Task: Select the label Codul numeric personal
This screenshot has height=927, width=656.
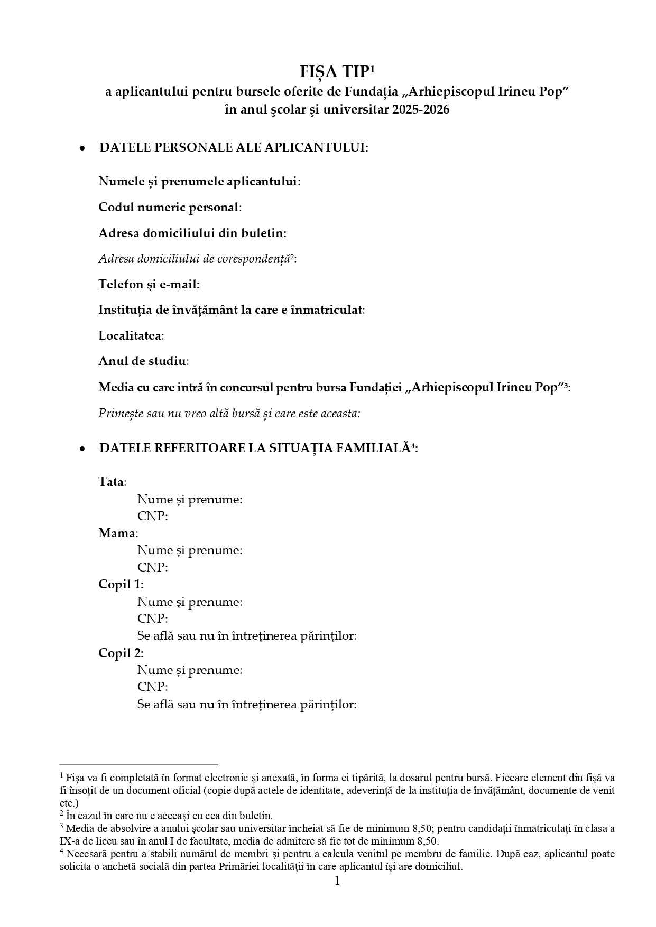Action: tap(169, 208)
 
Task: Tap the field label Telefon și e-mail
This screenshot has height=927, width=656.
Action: tap(149, 285)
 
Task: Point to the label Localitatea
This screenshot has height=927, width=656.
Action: tap(130, 336)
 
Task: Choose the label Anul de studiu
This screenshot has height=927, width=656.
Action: tap(142, 361)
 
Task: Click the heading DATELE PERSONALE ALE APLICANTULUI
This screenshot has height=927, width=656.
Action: tap(234, 147)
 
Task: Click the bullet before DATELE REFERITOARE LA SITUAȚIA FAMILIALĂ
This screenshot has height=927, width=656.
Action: tap(82, 449)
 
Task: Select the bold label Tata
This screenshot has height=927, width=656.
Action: tap(111, 482)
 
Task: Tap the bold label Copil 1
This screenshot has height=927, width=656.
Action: tap(121, 585)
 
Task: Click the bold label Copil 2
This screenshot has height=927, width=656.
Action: tap(121, 653)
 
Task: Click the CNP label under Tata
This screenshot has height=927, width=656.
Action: tap(152, 517)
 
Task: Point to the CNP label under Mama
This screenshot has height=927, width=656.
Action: tap(152, 568)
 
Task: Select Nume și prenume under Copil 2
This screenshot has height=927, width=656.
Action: tap(190, 670)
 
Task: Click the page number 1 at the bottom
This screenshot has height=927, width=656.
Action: tap(337, 881)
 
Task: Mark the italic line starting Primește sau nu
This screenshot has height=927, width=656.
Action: tap(229, 413)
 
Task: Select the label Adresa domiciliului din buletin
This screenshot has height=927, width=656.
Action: tap(192, 233)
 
